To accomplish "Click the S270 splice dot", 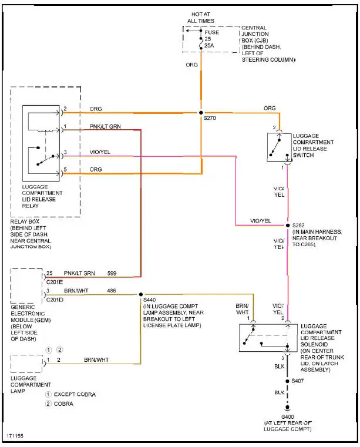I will tap(201, 112).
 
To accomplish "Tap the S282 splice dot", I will tap(287, 225).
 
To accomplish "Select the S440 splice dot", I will tap(140, 294).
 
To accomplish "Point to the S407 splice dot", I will tap(287, 381).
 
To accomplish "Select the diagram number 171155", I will tap(15, 436).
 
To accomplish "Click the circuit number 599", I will tap(112, 273).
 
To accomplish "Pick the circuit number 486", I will tap(111, 290).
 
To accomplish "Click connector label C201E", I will tap(55, 281).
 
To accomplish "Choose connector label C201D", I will tap(55, 298).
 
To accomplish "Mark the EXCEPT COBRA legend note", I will tap(74, 394).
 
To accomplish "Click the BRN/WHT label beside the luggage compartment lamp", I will tap(96, 359).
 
